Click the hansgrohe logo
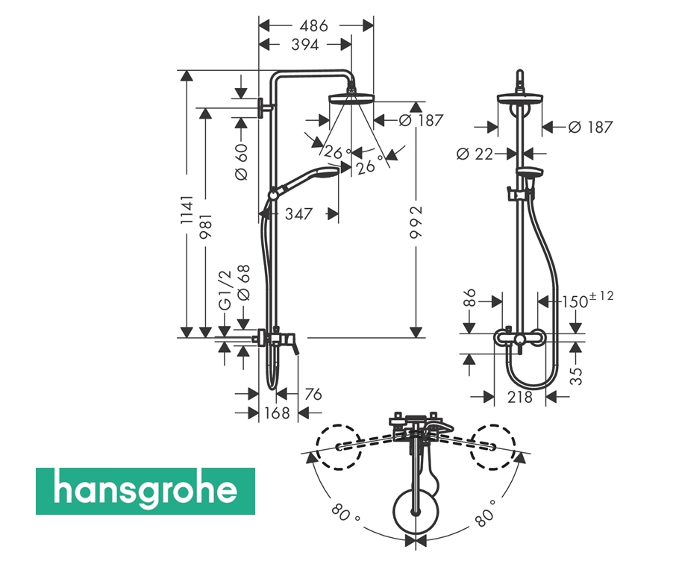click(x=145, y=491)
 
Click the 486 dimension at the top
click(x=314, y=26)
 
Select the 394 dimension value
click(x=305, y=44)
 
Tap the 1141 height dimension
click(x=187, y=210)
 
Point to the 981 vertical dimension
click(x=206, y=226)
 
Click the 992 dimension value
click(x=416, y=222)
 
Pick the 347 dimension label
click(x=298, y=214)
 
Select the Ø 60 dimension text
click(x=242, y=162)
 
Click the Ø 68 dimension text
click(x=243, y=283)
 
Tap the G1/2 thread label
click(x=225, y=290)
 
